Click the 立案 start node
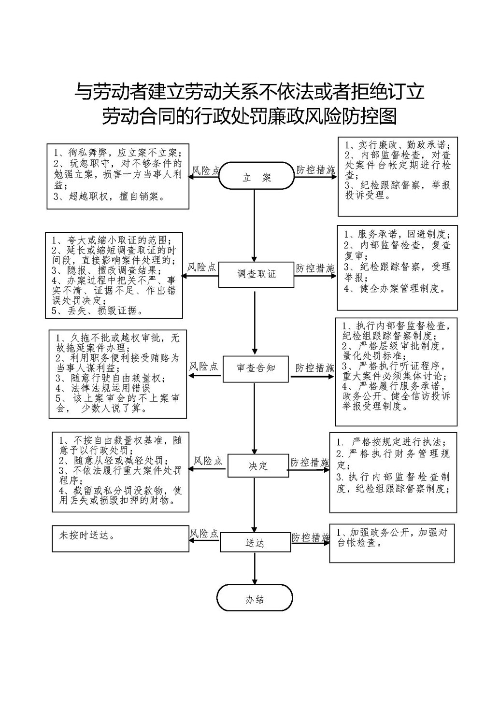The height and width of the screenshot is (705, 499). [257, 177]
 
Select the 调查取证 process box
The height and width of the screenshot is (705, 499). [257, 274]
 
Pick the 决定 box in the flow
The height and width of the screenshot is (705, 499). [258, 466]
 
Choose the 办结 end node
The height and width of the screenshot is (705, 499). [255, 599]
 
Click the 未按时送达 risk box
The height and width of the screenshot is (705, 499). [120, 538]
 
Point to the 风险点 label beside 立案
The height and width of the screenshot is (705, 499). [206, 170]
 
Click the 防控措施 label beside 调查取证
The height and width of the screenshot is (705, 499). [315, 268]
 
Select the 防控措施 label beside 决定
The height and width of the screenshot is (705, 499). [309, 462]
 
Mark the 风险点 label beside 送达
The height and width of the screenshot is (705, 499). [204, 534]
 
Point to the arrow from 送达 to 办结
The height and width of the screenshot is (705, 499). [255, 568]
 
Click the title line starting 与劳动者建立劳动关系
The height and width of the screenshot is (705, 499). [249, 91]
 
